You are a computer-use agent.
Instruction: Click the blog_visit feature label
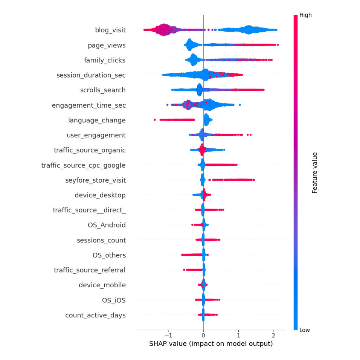(110, 30)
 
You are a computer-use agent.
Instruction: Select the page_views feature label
(107, 45)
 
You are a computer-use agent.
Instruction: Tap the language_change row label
(97, 120)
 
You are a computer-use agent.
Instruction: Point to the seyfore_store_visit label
(96, 180)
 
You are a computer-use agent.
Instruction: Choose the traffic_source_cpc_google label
(83, 165)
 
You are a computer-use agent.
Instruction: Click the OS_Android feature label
(107, 225)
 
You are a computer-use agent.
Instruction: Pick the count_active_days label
(96, 315)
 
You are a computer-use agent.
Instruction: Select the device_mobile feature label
(102, 285)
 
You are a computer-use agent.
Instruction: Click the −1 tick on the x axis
(169, 336)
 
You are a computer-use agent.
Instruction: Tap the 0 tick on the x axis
(203, 336)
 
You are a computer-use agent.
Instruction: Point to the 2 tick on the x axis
(273, 336)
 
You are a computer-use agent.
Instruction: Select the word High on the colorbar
(306, 15)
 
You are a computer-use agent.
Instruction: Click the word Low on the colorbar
(305, 330)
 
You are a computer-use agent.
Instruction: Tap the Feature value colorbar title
(314, 172)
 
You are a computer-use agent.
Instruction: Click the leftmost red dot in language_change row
(154, 120)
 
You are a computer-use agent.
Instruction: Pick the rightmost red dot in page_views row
(278, 45)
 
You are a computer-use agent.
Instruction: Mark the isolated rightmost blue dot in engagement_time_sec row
(240, 105)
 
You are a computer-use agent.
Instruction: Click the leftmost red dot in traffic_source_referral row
(184, 270)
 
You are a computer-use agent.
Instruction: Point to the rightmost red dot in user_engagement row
(250, 135)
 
